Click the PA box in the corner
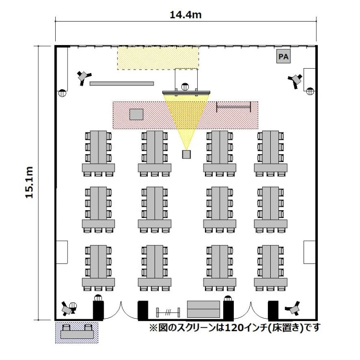[x=284, y=57]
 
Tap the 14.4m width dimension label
[x=185, y=15]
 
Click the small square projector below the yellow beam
[x=186, y=154]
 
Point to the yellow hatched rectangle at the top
[x=158, y=58]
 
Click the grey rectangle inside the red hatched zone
[x=136, y=114]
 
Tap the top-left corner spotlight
[x=84, y=76]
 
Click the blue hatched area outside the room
[x=77, y=332]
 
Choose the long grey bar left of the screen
[x=122, y=84]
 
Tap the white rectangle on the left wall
[x=62, y=252]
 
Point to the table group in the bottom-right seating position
[x=272, y=268]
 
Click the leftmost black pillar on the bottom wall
[x=98, y=310]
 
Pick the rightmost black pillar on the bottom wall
[x=273, y=310]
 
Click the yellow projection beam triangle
[x=186, y=115]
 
